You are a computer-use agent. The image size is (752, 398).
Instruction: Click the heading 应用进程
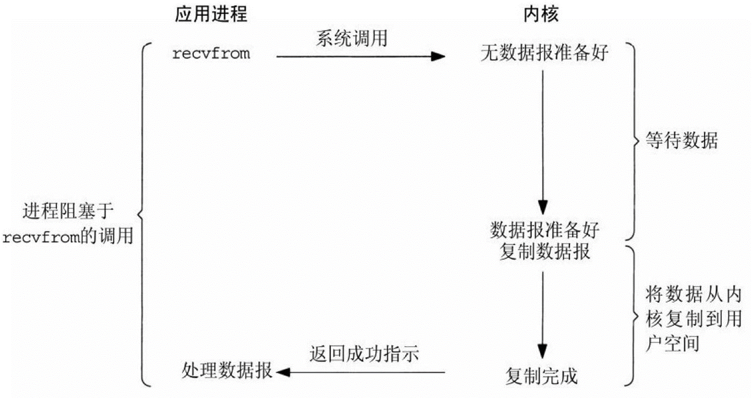[x=211, y=15]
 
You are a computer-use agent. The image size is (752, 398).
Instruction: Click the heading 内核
[x=542, y=15]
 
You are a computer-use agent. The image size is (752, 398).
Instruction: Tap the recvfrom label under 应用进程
[x=211, y=53]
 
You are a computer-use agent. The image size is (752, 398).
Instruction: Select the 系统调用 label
[x=352, y=39]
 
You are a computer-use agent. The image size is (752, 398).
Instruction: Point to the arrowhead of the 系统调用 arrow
[x=439, y=57]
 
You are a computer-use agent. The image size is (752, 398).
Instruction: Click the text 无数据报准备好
[x=544, y=53]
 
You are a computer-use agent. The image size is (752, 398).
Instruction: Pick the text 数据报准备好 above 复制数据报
[x=544, y=230]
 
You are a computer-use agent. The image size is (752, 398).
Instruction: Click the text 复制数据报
[x=544, y=252]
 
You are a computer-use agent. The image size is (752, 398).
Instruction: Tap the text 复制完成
[x=541, y=376]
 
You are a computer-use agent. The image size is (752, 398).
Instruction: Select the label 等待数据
[x=681, y=141]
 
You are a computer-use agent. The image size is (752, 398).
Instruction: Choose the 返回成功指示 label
[x=364, y=354]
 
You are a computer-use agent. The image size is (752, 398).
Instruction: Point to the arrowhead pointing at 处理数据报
[x=282, y=372]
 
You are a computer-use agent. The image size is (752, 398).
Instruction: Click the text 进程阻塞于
[x=68, y=212]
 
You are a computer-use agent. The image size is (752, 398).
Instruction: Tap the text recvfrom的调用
[x=68, y=237]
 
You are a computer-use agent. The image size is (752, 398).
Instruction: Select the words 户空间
[x=673, y=343]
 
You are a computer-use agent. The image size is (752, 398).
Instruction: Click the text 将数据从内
[x=693, y=294]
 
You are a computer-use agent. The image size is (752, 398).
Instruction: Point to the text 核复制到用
[x=693, y=319]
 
